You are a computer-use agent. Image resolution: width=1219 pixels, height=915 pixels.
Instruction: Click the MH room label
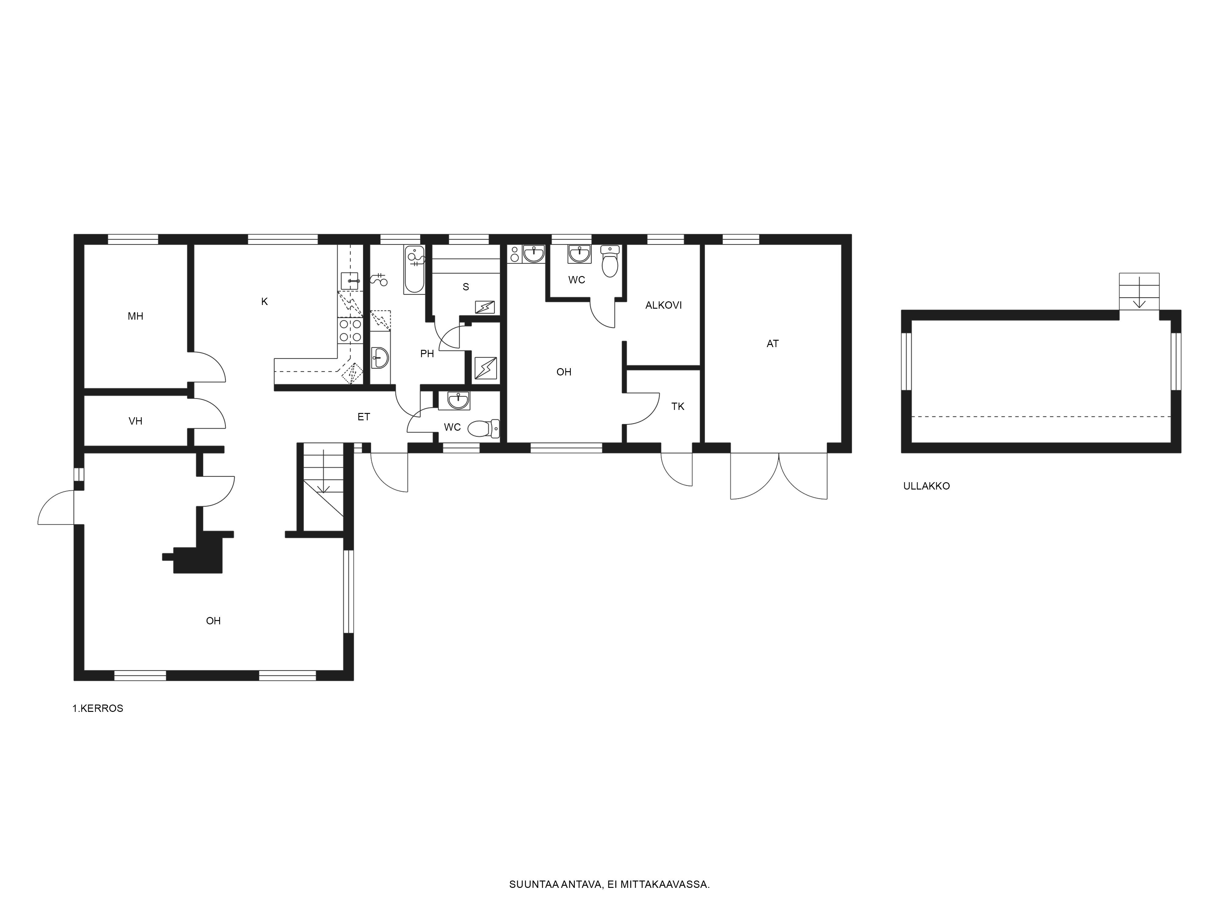pos(136,316)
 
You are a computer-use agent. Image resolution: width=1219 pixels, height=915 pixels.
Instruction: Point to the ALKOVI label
pos(663,305)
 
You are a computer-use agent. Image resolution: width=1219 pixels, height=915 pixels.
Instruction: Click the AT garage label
pos(773,344)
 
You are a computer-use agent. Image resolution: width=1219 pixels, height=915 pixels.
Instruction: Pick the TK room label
pos(678,407)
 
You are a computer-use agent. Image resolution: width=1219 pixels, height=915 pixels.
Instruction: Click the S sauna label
pos(466,287)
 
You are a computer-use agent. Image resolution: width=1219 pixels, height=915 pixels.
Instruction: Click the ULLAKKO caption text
pos(926,486)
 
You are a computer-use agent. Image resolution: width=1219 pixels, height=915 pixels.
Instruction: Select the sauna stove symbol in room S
pos(485,307)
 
